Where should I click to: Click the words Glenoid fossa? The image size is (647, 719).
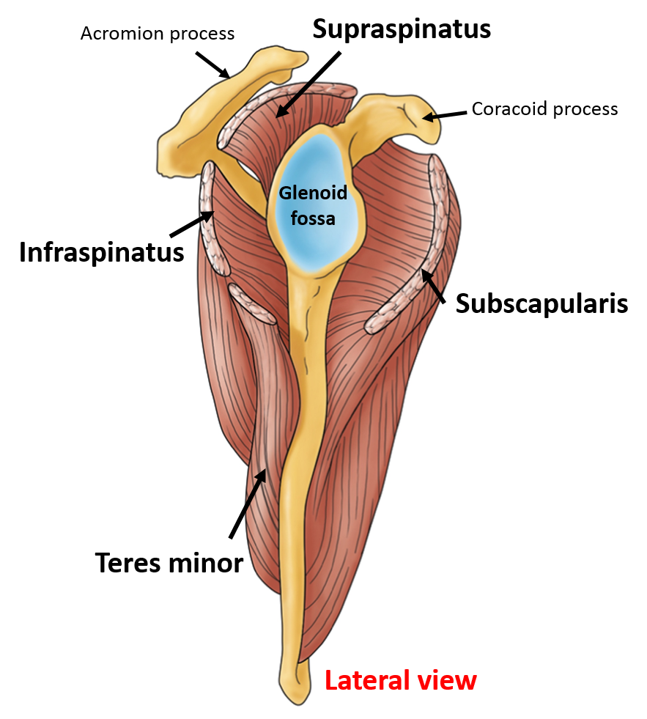pos(312,205)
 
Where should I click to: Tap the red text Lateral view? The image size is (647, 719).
pos(400,680)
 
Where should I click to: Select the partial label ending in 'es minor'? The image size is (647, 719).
pos(193,563)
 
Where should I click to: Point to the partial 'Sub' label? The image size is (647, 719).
pos(476,303)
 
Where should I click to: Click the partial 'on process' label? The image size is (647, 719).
pos(188,34)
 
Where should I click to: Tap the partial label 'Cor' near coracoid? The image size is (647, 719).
pos(484,109)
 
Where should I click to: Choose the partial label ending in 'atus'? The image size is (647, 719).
pos(163,253)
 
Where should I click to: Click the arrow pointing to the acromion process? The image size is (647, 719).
pos(212,64)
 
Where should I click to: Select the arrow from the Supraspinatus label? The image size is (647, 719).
pos(308,84)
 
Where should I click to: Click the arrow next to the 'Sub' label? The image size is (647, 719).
pos(433,286)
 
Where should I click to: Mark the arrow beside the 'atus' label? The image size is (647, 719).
pos(192,224)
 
